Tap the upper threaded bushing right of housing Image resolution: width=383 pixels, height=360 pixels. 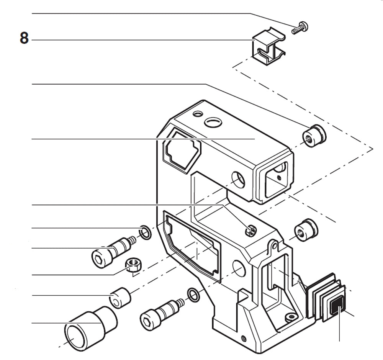click(x=314, y=136)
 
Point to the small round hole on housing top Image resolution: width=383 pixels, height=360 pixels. click(x=198, y=114)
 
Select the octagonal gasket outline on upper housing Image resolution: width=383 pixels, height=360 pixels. click(x=181, y=151)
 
